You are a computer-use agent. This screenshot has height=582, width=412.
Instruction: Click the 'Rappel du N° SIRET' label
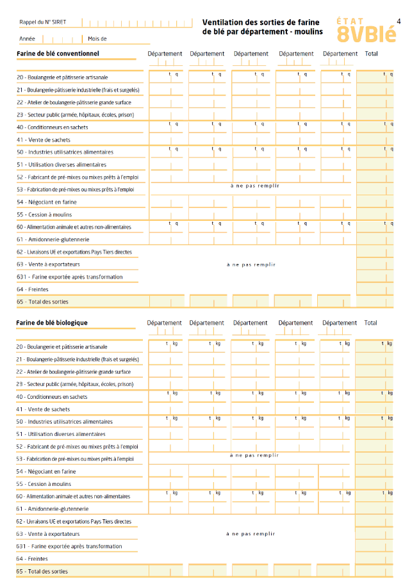(43, 22)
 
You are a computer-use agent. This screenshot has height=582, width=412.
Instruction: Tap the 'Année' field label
(27, 38)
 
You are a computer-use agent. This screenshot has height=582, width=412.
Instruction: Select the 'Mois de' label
(97, 38)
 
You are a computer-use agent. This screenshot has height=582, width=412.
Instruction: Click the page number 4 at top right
(399, 21)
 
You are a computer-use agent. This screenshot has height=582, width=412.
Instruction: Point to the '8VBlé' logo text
(362, 33)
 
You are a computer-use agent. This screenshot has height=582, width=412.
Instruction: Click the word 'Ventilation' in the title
(221, 22)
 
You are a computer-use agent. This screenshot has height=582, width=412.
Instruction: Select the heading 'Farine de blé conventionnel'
(58, 53)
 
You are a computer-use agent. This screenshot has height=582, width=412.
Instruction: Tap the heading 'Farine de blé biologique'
(52, 323)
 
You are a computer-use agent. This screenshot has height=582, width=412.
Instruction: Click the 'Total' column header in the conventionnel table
(371, 54)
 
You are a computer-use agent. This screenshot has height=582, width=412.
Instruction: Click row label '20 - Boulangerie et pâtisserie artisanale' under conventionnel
(62, 77)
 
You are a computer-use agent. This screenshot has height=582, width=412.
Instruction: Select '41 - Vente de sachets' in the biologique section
(44, 409)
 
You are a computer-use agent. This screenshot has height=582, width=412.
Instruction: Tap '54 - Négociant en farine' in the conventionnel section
(47, 202)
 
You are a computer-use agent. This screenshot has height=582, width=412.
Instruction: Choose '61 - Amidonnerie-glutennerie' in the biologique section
(53, 509)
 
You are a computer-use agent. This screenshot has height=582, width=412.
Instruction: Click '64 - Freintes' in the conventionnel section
(33, 289)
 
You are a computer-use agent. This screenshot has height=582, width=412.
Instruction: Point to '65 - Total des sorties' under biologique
(42, 571)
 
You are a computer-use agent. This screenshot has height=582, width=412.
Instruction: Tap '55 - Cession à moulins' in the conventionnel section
(44, 214)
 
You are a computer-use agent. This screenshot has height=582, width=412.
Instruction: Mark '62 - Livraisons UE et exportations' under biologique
(74, 522)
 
